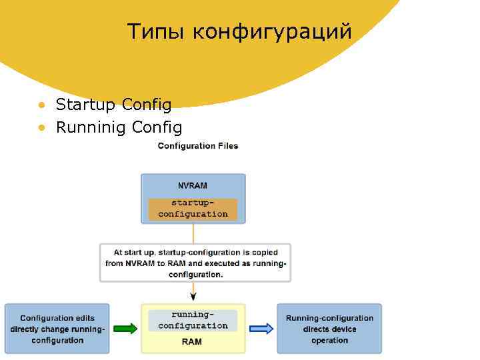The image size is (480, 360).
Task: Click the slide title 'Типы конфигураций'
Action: click(239, 31)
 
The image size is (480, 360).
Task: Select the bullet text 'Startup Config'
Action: click(113, 105)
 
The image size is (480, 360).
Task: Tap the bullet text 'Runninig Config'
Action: click(119, 127)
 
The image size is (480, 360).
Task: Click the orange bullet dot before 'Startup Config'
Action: click(41, 105)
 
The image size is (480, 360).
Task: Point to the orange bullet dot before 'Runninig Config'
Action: click(41, 127)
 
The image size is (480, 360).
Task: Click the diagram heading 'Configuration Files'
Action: click(197, 146)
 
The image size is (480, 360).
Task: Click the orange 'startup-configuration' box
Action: click(193, 209)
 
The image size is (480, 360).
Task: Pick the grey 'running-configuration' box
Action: click(193, 320)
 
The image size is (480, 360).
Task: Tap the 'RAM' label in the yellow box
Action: click(193, 342)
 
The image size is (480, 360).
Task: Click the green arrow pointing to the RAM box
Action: click(125, 328)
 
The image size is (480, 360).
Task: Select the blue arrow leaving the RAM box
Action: click(261, 328)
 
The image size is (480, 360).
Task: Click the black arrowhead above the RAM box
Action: click(193, 297)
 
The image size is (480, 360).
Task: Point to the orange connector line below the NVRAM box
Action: click(193, 233)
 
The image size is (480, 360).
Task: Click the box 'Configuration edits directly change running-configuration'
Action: click(57, 329)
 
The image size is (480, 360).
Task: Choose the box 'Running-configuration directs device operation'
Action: click(329, 329)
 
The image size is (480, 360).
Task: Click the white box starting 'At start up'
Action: click(195, 263)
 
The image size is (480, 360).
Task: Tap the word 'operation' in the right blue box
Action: click(329, 340)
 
